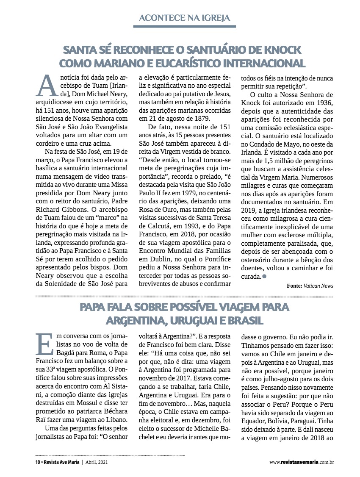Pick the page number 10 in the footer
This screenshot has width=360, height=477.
pyautogui.click(x=37, y=461)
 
